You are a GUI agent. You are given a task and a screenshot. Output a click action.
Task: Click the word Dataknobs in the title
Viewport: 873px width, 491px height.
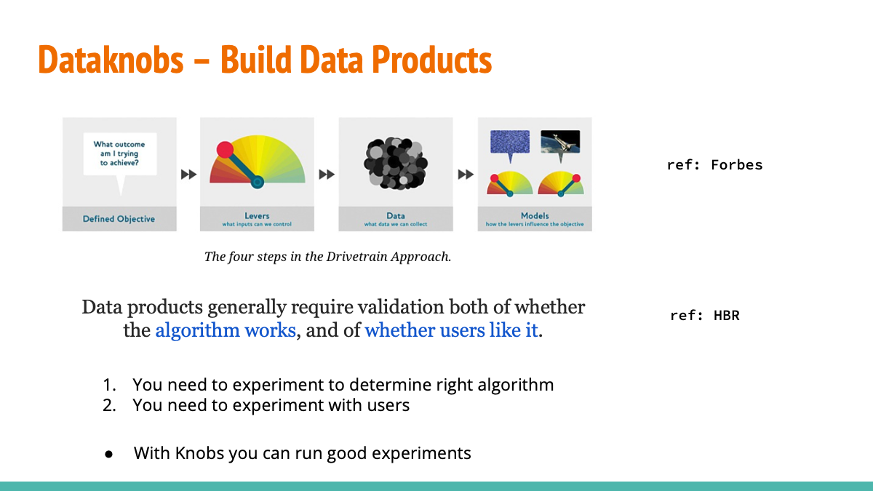click(x=111, y=59)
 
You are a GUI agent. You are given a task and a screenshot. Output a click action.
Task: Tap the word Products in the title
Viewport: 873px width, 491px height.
click(x=431, y=59)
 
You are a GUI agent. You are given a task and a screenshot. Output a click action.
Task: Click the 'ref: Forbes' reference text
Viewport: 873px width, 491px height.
click(x=714, y=165)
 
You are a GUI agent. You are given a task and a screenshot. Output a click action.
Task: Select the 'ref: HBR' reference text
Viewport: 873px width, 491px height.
click(x=705, y=315)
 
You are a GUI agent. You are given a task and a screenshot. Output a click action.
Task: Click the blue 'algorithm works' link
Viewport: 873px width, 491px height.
click(x=226, y=330)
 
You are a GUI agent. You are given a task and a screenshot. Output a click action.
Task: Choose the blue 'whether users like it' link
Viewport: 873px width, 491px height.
click(x=451, y=330)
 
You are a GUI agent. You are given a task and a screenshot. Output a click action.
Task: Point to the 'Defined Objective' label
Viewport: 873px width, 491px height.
click(x=119, y=219)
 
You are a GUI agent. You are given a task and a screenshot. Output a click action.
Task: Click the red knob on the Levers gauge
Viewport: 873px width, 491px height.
click(x=225, y=150)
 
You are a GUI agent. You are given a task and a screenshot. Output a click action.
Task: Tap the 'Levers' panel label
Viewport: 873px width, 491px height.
click(x=257, y=215)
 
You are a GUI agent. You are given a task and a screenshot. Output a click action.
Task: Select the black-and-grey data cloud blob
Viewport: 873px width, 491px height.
click(x=396, y=163)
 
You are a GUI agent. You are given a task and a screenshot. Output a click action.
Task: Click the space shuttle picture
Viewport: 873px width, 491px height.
click(x=560, y=142)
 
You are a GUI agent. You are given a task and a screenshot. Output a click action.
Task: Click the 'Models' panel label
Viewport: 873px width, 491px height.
click(x=535, y=215)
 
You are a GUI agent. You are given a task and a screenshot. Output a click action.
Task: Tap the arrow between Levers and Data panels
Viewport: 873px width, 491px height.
click(x=327, y=174)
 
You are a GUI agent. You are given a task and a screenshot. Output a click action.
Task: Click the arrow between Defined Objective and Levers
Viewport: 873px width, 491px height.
click(x=188, y=174)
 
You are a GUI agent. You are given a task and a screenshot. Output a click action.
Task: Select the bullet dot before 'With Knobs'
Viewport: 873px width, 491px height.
click(x=108, y=454)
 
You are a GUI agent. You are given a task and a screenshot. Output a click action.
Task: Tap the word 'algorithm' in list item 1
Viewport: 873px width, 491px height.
click(x=516, y=385)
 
